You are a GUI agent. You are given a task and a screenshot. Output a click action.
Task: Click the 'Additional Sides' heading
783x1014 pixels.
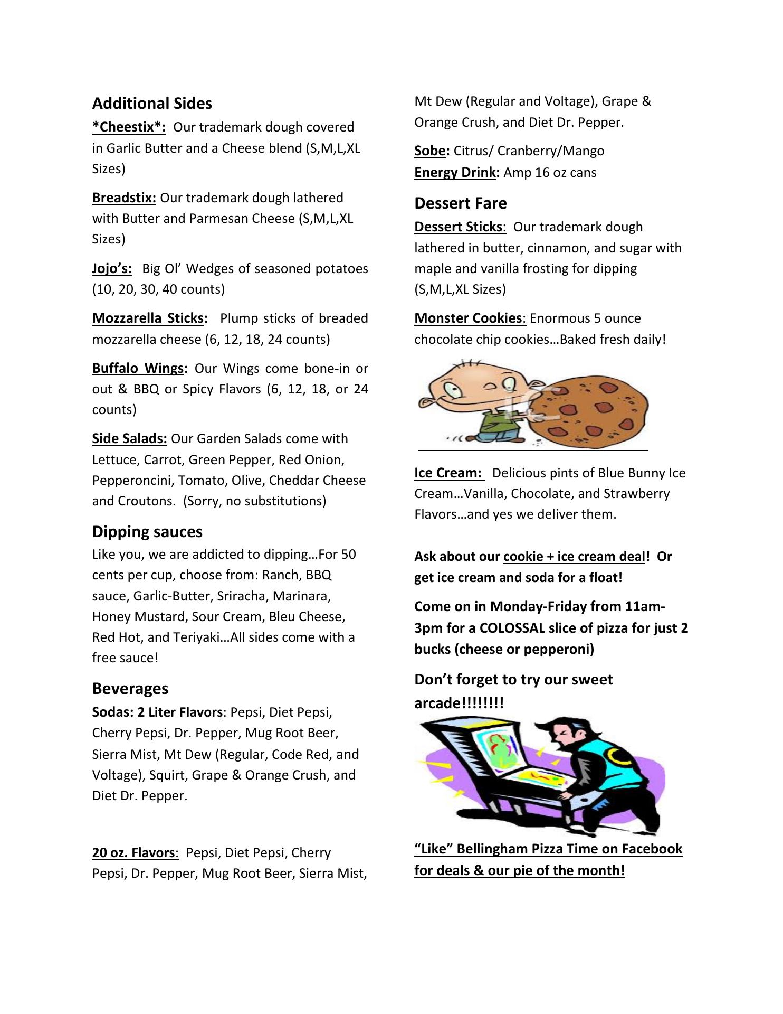152,104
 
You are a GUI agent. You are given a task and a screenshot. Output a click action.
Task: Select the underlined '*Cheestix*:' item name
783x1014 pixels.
129,127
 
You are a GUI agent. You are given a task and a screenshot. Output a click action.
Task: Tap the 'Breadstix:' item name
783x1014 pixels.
124,198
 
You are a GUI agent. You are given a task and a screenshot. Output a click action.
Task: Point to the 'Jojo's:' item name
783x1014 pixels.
112,269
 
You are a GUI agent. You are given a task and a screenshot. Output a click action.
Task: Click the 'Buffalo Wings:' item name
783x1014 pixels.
140,368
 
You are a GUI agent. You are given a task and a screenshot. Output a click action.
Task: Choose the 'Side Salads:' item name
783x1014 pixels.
129,439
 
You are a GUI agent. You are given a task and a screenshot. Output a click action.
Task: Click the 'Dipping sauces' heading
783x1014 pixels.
147,532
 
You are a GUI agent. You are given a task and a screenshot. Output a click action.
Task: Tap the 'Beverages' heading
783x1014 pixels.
130,689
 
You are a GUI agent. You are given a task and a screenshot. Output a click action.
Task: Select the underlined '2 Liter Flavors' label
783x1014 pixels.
180,712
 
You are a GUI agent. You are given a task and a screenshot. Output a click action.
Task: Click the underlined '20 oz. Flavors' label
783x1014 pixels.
133,853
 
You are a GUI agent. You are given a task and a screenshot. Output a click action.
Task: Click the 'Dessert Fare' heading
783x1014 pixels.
460,203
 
